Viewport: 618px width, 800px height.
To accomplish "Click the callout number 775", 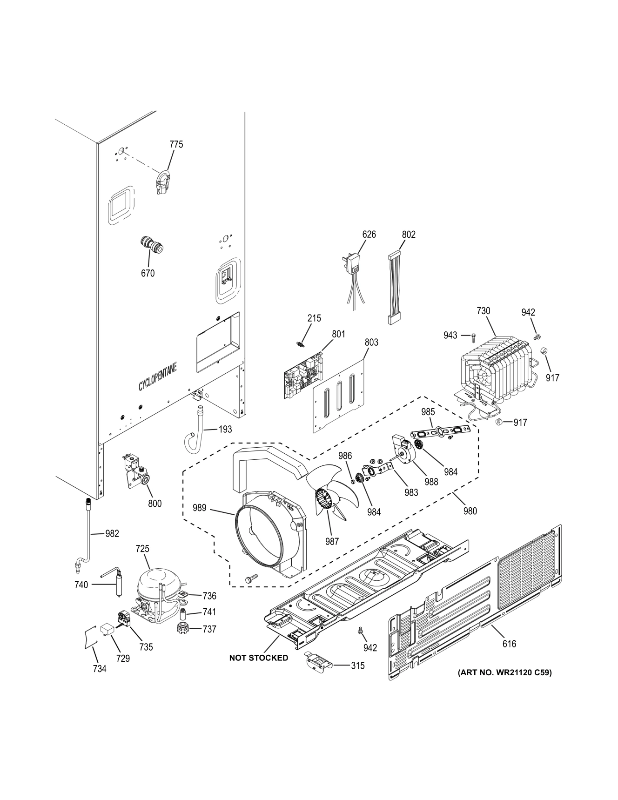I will coord(176,144).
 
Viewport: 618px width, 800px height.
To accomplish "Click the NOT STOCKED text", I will coord(258,658).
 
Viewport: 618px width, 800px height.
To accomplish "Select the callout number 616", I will coord(509,644).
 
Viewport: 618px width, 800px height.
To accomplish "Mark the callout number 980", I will coord(470,511).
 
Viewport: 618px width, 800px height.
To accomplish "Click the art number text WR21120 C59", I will coord(505,672).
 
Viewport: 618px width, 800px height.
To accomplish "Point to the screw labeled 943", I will coord(473,335).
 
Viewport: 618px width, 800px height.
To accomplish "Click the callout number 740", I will coord(81,585).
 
